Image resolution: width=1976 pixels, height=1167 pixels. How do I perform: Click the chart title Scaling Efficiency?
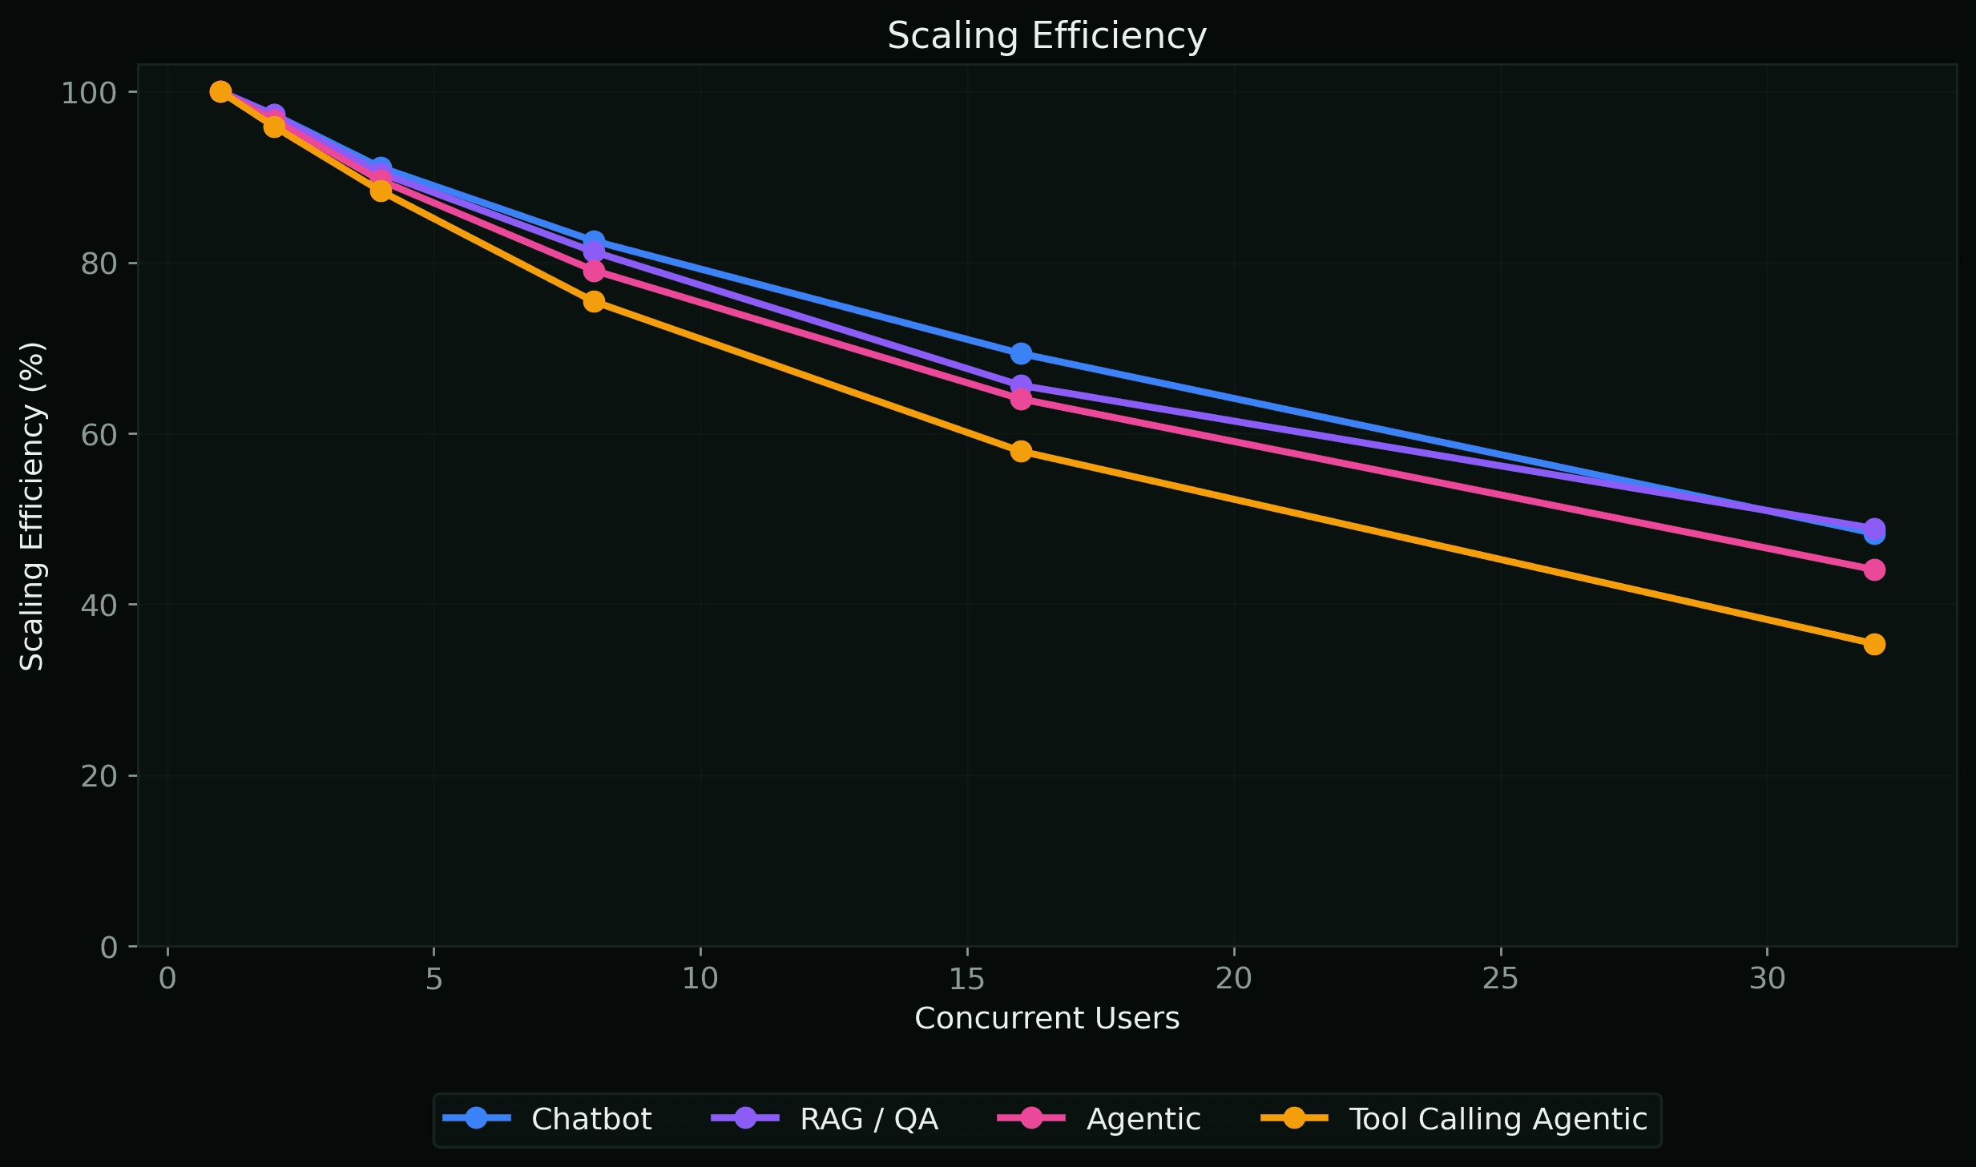pyautogui.click(x=1046, y=36)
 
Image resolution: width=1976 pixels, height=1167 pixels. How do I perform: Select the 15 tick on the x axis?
pyautogui.click(x=966, y=979)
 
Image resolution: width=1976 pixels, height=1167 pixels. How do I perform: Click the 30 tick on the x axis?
pyautogui.click(x=1766, y=979)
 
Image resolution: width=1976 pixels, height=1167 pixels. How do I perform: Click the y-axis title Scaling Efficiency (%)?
pyautogui.click(x=32, y=506)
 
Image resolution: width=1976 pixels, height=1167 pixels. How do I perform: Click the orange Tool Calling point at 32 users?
pyautogui.click(x=1873, y=644)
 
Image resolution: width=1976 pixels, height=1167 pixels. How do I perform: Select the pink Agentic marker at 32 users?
pyautogui.click(x=1873, y=569)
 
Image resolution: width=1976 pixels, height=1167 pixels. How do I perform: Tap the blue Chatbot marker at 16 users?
pyautogui.click(x=1021, y=353)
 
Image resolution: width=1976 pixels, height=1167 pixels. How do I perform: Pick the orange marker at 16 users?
pyautogui.click(x=1021, y=451)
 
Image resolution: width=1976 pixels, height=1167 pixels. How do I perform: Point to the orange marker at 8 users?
pyautogui.click(x=594, y=301)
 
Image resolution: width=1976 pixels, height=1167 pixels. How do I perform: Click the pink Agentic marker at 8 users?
pyautogui.click(x=594, y=272)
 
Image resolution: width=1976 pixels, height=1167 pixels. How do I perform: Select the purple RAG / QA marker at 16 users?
pyautogui.click(x=1021, y=385)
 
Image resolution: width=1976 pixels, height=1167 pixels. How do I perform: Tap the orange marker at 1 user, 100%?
pyautogui.click(x=220, y=92)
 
